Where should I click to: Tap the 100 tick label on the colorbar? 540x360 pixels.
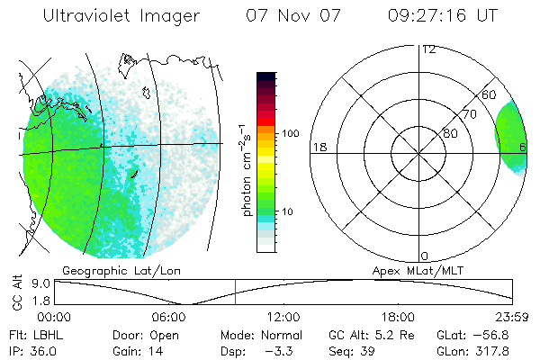[x=291, y=133]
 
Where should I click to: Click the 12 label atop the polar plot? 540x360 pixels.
[x=427, y=49]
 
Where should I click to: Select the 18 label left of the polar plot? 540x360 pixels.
[x=319, y=147]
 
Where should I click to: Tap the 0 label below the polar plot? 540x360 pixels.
[x=425, y=256]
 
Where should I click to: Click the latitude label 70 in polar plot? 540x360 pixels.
[x=469, y=114]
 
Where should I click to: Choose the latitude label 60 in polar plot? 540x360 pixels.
[x=489, y=94]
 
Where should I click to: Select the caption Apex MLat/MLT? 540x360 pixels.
[x=417, y=269]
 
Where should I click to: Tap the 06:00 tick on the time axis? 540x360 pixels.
[x=168, y=317]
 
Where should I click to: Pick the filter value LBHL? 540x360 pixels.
[x=47, y=333]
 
